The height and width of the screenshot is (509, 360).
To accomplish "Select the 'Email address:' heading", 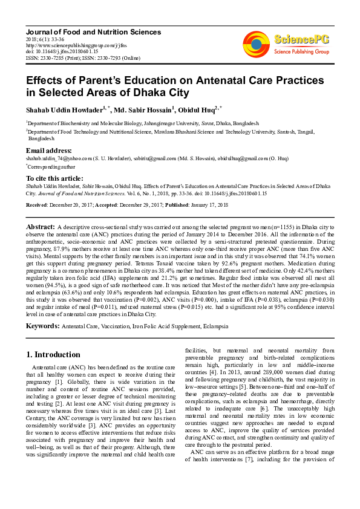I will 48,150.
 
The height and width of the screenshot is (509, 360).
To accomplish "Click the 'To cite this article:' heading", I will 54,179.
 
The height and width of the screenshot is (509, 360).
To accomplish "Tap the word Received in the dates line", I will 36,206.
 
